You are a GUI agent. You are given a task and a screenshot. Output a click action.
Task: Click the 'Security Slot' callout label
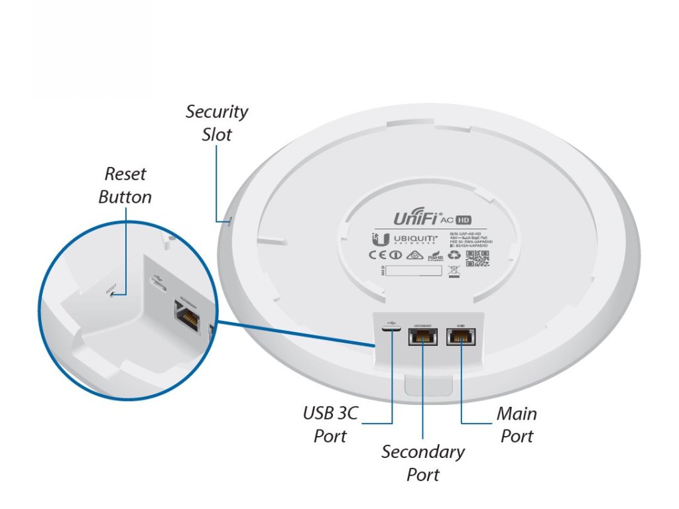(x=217, y=123)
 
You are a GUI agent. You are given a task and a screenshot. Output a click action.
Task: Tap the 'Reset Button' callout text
(x=125, y=186)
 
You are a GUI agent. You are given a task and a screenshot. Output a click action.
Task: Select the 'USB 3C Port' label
(x=330, y=425)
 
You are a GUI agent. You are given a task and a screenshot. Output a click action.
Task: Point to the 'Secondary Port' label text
(x=423, y=463)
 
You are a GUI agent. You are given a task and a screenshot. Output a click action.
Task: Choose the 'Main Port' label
(x=517, y=425)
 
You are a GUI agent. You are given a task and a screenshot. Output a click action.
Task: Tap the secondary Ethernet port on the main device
(x=423, y=337)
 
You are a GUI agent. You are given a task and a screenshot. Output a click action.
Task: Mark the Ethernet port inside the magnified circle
(x=187, y=315)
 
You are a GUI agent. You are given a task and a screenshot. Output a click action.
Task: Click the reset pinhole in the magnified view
(x=113, y=294)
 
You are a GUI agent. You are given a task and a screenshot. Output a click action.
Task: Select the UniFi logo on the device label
(x=422, y=217)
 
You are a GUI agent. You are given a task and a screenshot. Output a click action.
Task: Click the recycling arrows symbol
(x=455, y=254)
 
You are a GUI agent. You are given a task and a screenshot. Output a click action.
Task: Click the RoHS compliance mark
(x=435, y=255)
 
